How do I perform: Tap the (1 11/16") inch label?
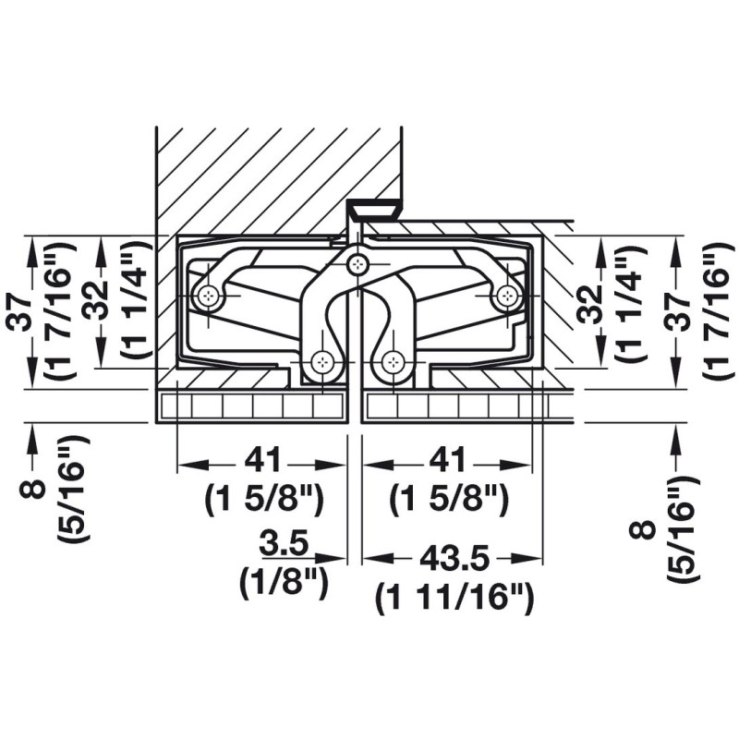(x=454, y=598)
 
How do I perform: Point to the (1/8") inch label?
(x=284, y=582)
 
